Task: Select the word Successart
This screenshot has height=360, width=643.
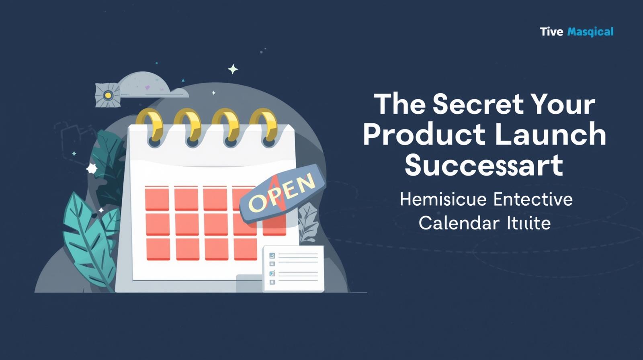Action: (x=483, y=166)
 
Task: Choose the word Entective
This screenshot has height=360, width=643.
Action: (x=533, y=200)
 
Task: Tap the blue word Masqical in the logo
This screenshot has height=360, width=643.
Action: (x=590, y=32)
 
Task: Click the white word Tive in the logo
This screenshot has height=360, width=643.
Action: (x=551, y=32)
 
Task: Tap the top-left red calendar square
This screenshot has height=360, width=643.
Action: (x=157, y=198)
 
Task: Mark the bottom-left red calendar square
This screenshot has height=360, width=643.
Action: (x=158, y=249)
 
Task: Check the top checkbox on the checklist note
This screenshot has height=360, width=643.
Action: (x=272, y=256)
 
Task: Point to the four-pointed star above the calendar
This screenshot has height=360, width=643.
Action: (x=233, y=69)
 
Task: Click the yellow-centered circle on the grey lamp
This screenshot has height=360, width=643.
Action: (x=107, y=95)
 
